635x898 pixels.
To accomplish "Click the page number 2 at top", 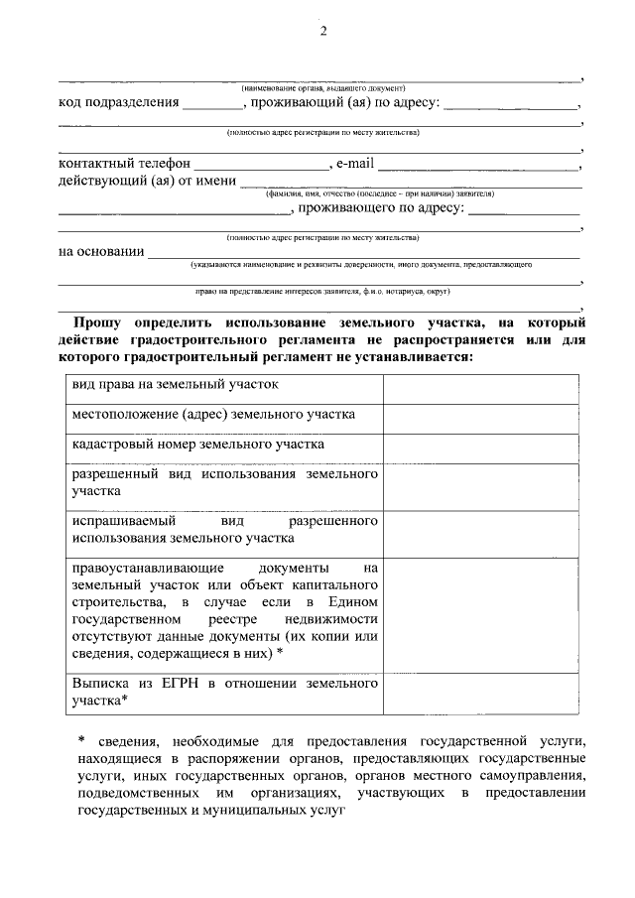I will click(x=322, y=31).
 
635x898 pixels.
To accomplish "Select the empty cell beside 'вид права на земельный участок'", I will click(x=480, y=388).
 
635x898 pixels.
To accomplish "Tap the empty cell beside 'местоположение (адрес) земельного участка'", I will click(x=480, y=418).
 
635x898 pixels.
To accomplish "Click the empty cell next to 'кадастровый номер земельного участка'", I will click(x=480, y=449).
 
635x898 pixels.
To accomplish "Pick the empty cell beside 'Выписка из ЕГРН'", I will click(x=480, y=692).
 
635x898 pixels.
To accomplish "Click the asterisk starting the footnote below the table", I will click(x=82, y=740).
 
